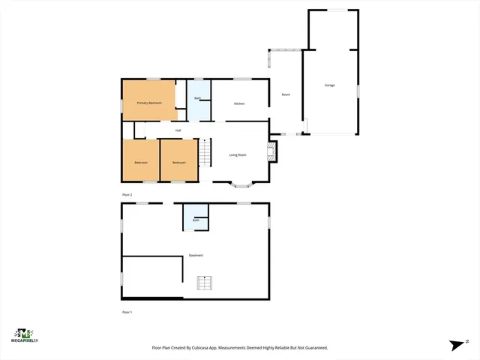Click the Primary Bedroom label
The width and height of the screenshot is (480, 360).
point(149,102)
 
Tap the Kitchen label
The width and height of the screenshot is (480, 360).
point(239,103)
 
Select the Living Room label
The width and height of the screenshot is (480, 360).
point(238,154)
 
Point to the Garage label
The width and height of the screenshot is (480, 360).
point(329,85)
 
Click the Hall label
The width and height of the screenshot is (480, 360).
point(178,130)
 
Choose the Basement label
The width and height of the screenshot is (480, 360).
point(196,255)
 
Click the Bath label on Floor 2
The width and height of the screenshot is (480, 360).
point(197,98)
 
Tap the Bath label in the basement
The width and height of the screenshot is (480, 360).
point(196,220)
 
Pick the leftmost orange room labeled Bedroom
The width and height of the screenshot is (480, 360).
point(141,163)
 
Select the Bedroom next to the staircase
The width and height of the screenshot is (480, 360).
point(178,163)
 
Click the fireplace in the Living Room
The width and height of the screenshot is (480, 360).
point(272,152)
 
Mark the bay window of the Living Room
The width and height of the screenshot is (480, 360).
point(242,183)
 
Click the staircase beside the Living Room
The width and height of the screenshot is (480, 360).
point(205,153)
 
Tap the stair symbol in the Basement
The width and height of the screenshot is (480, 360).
point(205,282)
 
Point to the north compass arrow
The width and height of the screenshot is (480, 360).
point(457,344)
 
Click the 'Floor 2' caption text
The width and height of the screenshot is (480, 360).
point(127,194)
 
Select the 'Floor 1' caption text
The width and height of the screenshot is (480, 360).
point(127,311)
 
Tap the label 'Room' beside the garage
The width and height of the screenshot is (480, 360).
point(286,95)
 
